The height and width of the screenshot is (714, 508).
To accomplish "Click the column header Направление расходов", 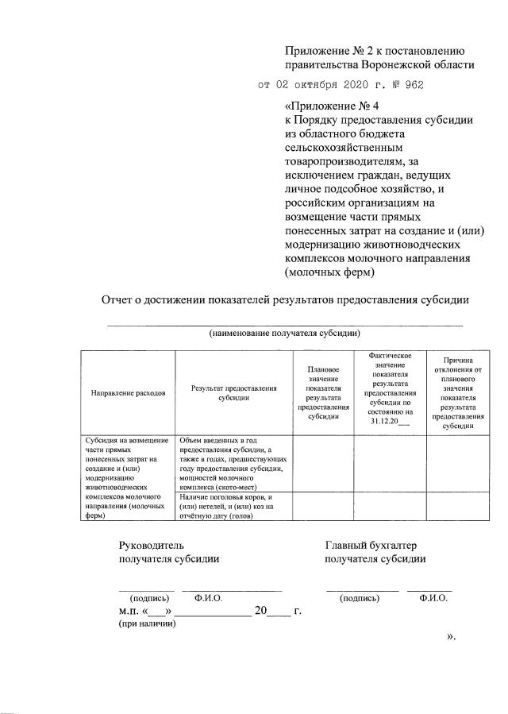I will click(x=128, y=392).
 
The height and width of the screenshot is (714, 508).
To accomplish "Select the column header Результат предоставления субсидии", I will click(x=233, y=392).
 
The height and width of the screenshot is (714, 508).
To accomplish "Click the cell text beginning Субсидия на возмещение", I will click(x=128, y=477).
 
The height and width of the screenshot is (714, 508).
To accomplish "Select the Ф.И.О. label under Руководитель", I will click(x=208, y=598).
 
